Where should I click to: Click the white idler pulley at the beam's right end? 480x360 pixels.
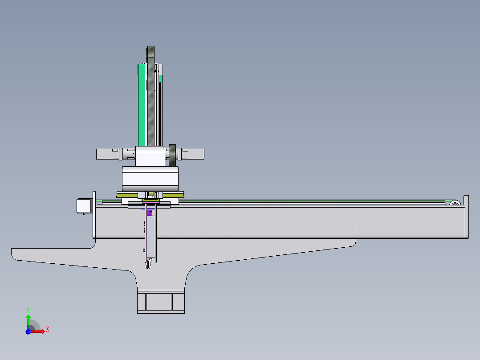(x=455, y=203)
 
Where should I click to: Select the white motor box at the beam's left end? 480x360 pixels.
(x=84, y=206)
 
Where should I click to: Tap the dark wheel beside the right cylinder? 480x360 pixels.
(x=172, y=155)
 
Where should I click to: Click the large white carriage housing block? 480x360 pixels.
(x=150, y=179)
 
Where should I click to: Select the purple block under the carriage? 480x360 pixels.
(x=149, y=213)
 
